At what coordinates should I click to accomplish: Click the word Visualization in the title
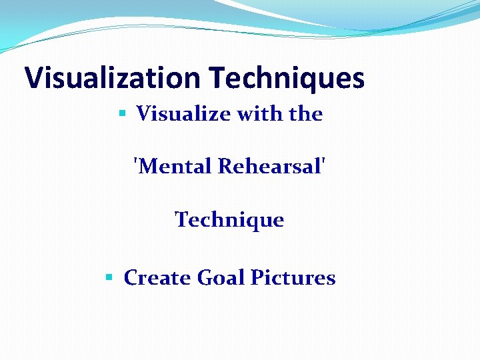tap(112, 78)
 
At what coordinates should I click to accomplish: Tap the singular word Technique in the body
tap(229, 219)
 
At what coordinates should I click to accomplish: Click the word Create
tap(157, 277)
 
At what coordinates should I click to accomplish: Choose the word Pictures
tap(293, 277)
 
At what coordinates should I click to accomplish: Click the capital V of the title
tap(33, 78)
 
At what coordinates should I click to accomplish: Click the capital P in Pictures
tap(256, 277)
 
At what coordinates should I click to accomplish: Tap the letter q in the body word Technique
tap(248, 221)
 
